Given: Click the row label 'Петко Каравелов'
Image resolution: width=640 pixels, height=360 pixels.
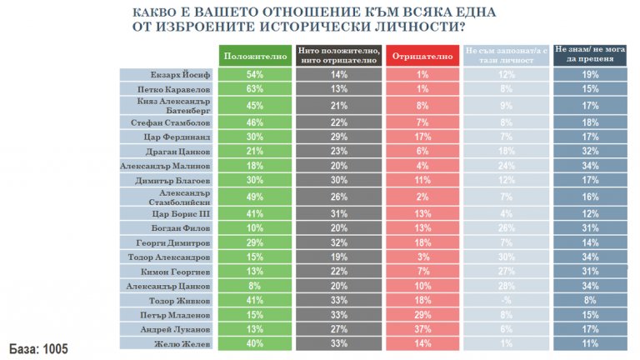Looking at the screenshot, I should point(166,88).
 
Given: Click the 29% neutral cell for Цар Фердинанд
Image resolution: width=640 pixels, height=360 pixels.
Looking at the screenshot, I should point(336,136).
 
